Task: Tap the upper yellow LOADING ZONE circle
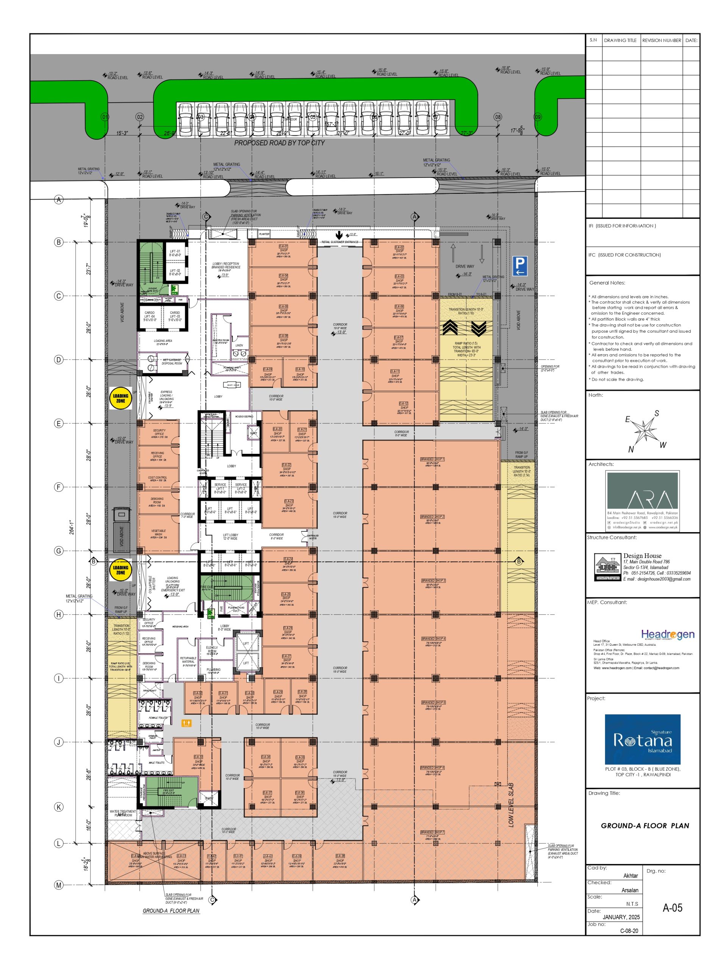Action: click(120, 398)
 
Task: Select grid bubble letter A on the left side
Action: click(59, 200)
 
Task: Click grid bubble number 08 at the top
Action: click(498, 117)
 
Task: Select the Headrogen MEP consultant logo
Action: click(668, 634)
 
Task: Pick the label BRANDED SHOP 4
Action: click(433, 639)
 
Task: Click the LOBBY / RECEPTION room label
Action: click(226, 265)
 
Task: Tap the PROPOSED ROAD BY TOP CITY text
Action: click(279, 143)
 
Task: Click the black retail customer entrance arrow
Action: click(339, 235)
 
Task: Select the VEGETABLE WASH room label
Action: click(158, 532)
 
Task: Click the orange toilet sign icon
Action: click(187, 723)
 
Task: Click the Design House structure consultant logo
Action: click(607, 566)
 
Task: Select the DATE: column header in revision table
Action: click(691, 40)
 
